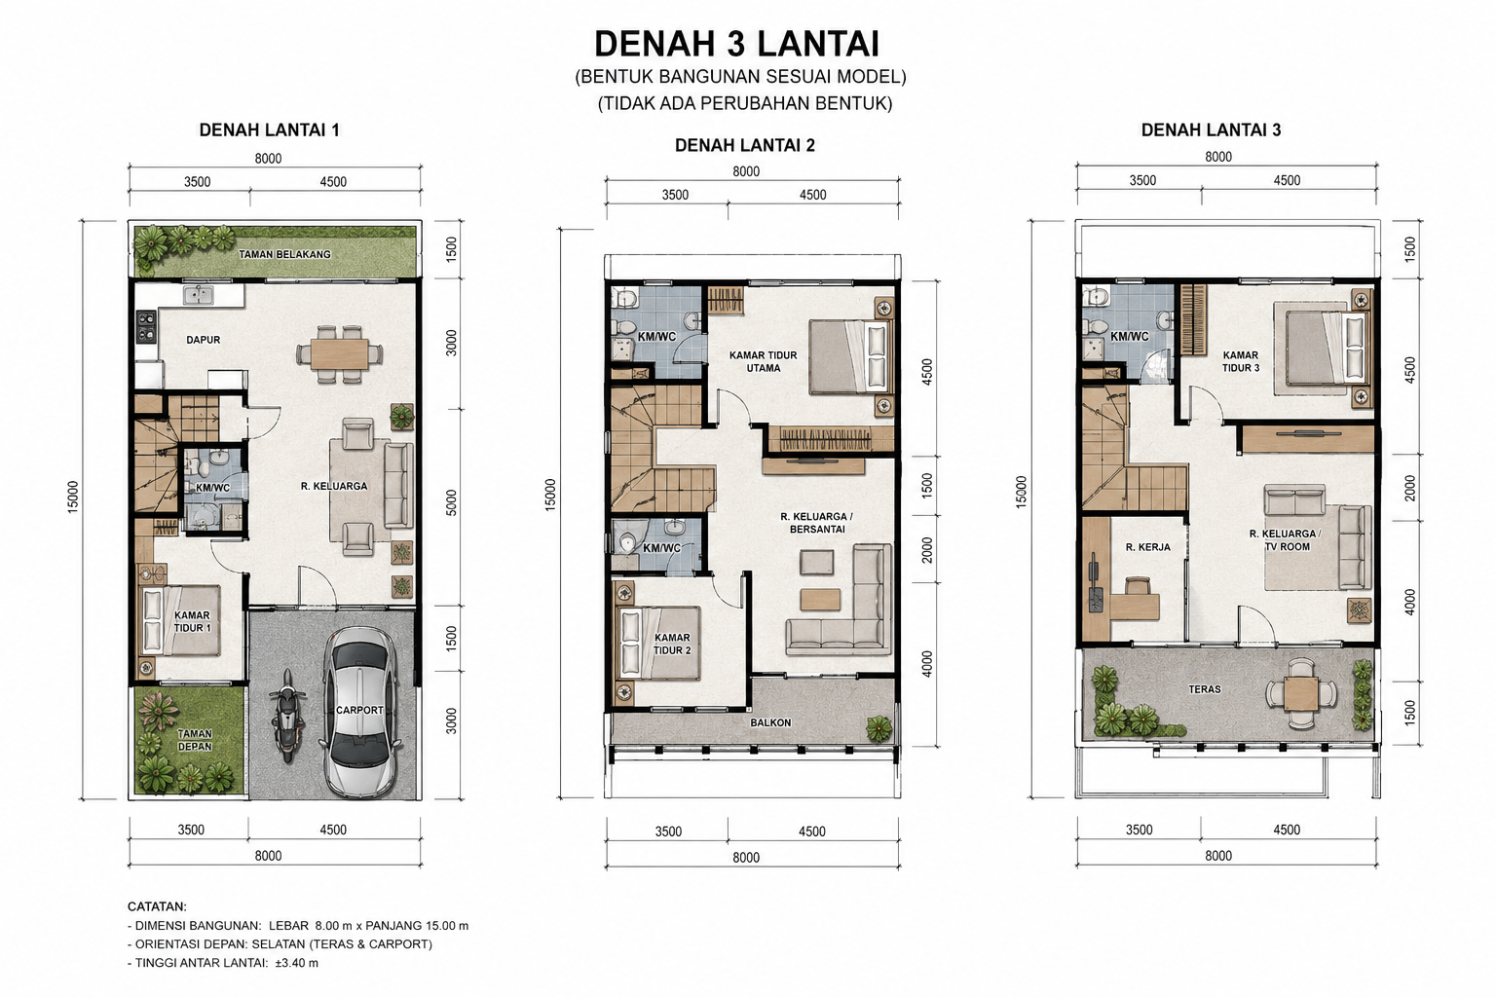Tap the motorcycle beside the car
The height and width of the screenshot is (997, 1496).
pos(287,716)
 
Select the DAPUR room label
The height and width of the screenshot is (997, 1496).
pos(203,340)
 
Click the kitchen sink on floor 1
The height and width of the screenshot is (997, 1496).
pos(199,294)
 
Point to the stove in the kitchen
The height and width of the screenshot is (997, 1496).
pos(146,326)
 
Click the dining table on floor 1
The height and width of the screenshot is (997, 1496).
pos(339,354)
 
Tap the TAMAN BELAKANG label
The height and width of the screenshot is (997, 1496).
pos(285,254)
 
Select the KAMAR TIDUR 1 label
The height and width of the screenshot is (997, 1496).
pos(192,622)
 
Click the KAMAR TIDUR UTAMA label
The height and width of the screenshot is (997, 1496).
pos(763,361)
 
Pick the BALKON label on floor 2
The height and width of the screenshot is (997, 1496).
pos(770,722)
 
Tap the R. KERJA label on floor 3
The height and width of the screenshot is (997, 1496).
pos(1148,547)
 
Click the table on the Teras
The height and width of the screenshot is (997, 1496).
pos(1301,693)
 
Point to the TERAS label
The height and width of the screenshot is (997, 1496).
pos(1204,688)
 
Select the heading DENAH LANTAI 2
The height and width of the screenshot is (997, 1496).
pos(745,146)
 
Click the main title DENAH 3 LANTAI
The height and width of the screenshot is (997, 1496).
pos(736,44)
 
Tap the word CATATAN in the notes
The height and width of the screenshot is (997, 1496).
pos(157,906)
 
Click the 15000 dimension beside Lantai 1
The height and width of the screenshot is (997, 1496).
pos(73,497)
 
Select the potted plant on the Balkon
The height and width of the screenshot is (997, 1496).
pos(879,728)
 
